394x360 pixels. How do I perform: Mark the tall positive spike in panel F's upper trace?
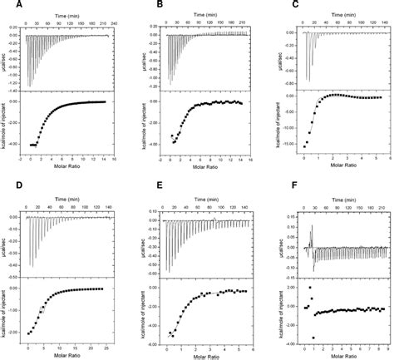point(312,229)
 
